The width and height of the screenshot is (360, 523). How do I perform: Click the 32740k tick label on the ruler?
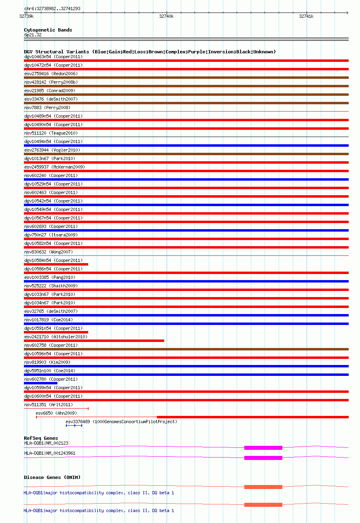pyautogui.click(x=166, y=16)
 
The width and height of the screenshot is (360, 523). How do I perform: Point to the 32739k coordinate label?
pyautogui.click(x=27, y=16)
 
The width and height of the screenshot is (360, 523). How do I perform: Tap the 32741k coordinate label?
pyautogui.click(x=306, y=16)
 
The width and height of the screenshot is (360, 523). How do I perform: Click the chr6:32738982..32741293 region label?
pyautogui.click(x=52, y=8)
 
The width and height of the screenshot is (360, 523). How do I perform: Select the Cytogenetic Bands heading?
pyautogui.click(x=48, y=30)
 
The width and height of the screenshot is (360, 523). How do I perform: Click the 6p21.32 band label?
pyautogui.click(x=33, y=35)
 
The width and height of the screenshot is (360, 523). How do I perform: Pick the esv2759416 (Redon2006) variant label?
pyautogui.click(x=51, y=74)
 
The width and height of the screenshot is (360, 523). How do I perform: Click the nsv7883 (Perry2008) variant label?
pyautogui.click(x=47, y=108)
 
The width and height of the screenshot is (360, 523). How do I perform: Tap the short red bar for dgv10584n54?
pyautogui.click(x=56, y=264)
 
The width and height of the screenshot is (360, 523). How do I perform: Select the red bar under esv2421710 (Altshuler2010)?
pyautogui.click(x=94, y=341)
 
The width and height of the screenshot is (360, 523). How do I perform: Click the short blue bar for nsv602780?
pyautogui.click(x=41, y=383)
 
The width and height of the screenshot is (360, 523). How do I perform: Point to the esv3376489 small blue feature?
pyautogui.click(x=74, y=426)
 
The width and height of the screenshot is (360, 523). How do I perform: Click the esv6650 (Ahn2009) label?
pyautogui.click(x=56, y=413)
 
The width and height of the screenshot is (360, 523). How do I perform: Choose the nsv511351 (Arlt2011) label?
pyautogui.click(x=49, y=405)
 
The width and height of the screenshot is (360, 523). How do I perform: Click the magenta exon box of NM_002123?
pyautogui.click(x=263, y=448)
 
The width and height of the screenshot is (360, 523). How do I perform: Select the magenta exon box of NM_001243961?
pyautogui.click(x=263, y=458)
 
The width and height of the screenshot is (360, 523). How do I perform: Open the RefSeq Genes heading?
pyautogui.click(x=41, y=438)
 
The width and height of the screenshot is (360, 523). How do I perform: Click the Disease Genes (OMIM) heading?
pyautogui.click(x=52, y=477)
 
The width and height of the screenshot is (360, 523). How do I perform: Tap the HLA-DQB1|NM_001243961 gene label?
pyautogui.click(x=50, y=453)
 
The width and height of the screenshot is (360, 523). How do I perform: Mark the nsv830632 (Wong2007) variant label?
pyautogui.click(x=49, y=252)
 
